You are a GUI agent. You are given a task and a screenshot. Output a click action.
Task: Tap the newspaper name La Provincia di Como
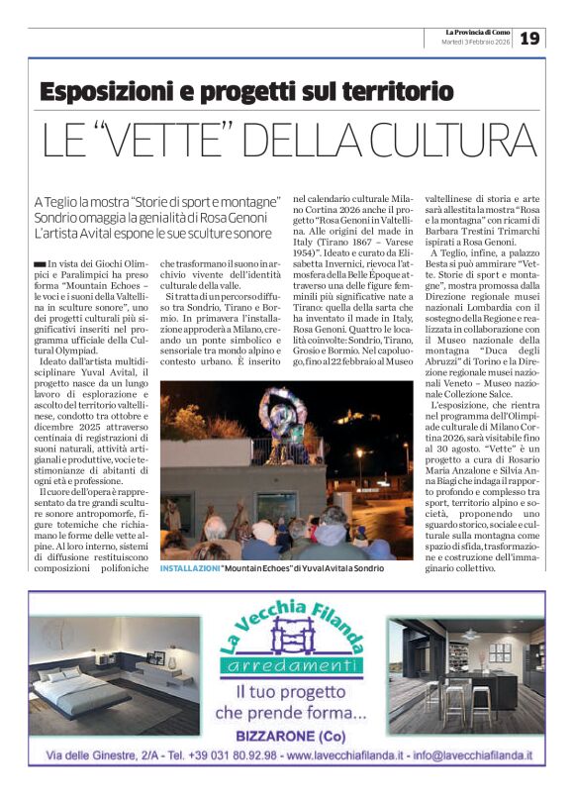(478, 32)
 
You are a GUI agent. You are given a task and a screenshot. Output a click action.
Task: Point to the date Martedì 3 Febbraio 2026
(475, 43)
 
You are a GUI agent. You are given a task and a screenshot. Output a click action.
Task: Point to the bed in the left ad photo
(84, 683)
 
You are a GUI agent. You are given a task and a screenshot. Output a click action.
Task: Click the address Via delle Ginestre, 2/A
(96, 755)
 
